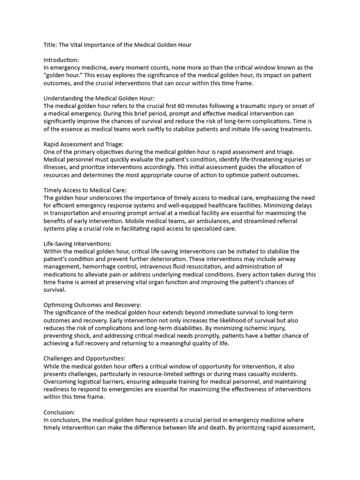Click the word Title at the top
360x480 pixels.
coord(50,45)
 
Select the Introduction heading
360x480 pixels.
coord(61,60)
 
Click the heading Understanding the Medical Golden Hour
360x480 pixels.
coord(99,98)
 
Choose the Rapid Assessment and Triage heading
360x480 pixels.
coord(83,144)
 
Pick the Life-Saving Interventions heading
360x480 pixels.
coord(77,244)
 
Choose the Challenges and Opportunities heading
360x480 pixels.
coord(84,359)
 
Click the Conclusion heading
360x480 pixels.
coord(59,412)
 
